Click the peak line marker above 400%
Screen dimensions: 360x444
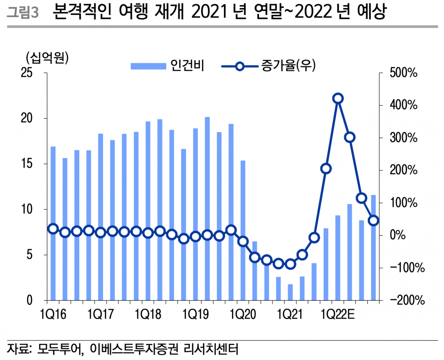(x=338, y=99)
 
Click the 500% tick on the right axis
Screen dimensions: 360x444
(x=403, y=73)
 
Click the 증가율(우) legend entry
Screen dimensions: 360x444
(x=269, y=66)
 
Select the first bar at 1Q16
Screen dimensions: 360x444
(x=53, y=223)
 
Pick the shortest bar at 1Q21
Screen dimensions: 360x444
(x=290, y=292)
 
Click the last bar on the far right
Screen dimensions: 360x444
(x=373, y=247)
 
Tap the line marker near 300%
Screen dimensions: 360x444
(x=350, y=137)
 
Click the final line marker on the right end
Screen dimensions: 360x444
(x=373, y=220)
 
